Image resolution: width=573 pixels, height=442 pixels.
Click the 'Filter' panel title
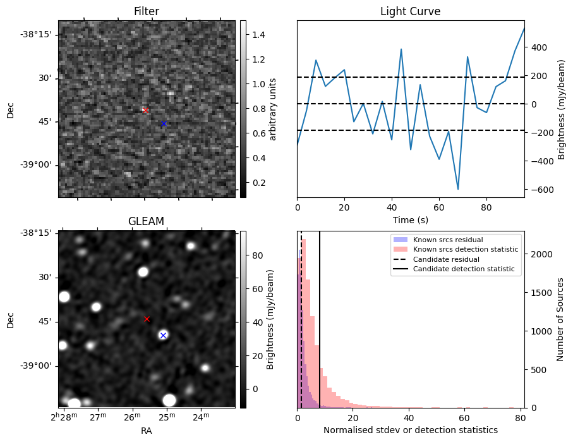tap(147, 11)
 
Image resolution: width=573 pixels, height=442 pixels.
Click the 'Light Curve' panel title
tap(410, 11)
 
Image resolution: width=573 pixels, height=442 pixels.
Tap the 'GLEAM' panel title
tap(147, 221)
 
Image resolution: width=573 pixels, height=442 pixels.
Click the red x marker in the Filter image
tap(145, 110)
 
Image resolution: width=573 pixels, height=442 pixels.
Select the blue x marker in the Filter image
tap(164, 123)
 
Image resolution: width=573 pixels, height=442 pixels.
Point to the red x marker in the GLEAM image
tap(147, 319)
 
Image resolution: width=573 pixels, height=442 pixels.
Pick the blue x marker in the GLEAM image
tap(163, 335)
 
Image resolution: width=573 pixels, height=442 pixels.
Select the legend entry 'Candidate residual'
tap(445, 259)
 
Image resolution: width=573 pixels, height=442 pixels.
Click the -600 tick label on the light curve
tap(541, 189)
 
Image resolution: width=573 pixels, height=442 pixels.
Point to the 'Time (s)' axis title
tap(410, 219)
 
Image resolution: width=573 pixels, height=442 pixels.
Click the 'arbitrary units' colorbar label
tap(273, 109)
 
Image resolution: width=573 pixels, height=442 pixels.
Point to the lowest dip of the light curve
tap(458, 189)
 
